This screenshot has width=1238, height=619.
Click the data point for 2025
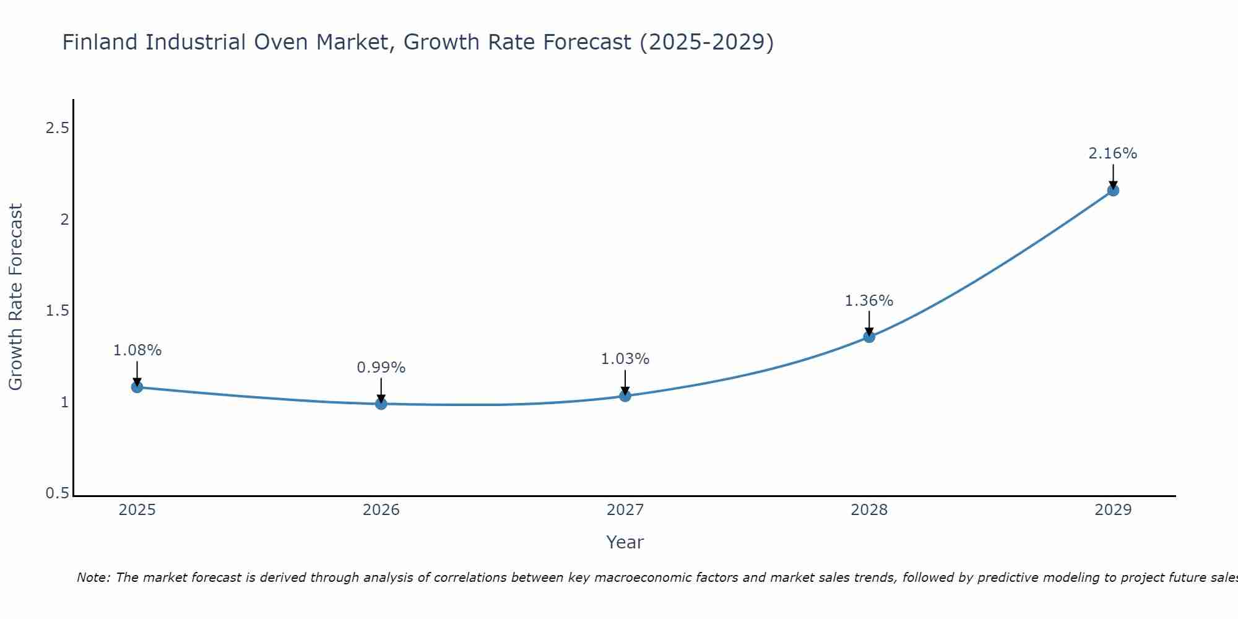pos(137,387)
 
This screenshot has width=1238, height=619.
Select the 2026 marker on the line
pos(381,404)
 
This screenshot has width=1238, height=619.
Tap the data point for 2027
pos(625,396)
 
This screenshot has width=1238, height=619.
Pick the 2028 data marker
pos(869,337)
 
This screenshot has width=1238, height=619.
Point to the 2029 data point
pos(1113,190)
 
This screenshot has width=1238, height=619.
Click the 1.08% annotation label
pos(137,350)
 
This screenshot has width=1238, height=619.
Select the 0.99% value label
pos(381,368)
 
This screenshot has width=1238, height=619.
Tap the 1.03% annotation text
pos(625,359)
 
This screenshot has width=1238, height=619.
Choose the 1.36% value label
pos(869,301)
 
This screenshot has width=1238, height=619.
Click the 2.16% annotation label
pos(1113,154)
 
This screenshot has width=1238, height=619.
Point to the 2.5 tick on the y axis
pos(57,128)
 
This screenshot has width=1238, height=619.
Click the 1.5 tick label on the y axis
pos(57,311)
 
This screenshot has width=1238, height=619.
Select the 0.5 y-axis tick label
pos(57,493)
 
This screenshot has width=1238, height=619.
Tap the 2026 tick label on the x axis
pos(381,510)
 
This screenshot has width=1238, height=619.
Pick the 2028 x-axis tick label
pos(869,510)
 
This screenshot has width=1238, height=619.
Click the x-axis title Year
pos(625,542)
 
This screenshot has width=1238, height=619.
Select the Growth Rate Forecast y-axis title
pos(15,297)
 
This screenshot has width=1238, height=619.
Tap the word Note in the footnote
pos(92,578)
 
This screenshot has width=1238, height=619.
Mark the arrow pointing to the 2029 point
pos(1113,176)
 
